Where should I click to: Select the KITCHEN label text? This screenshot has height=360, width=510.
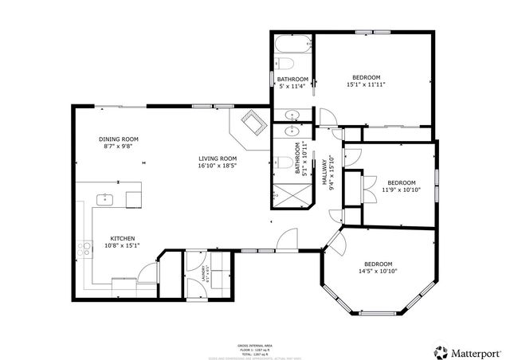click(x=122, y=238)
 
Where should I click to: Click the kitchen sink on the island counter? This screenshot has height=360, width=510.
click(x=106, y=199)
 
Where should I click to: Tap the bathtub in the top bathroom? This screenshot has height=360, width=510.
click(x=292, y=45)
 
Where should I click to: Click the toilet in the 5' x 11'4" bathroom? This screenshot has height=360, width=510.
click(x=288, y=65)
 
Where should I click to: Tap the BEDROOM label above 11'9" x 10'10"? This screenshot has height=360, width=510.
click(x=401, y=182)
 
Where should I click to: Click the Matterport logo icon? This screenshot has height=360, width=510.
click(x=440, y=350)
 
